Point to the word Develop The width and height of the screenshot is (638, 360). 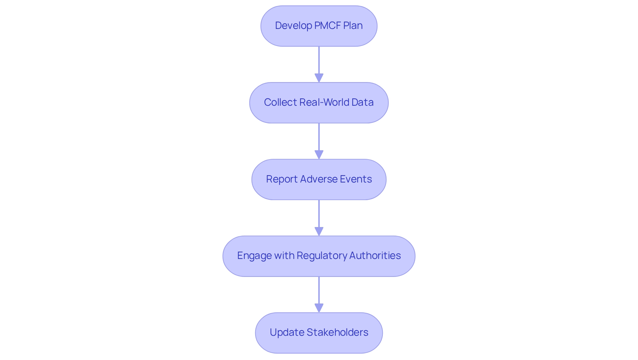[x=293, y=26]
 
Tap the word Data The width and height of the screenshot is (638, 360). [x=363, y=102]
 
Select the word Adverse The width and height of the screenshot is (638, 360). [x=316, y=179]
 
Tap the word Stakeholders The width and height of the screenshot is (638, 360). [x=337, y=332]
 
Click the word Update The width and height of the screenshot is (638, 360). [x=286, y=332]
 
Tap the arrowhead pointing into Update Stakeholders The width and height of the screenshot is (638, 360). [x=319, y=308]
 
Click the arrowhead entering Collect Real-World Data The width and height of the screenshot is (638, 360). [x=319, y=78]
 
